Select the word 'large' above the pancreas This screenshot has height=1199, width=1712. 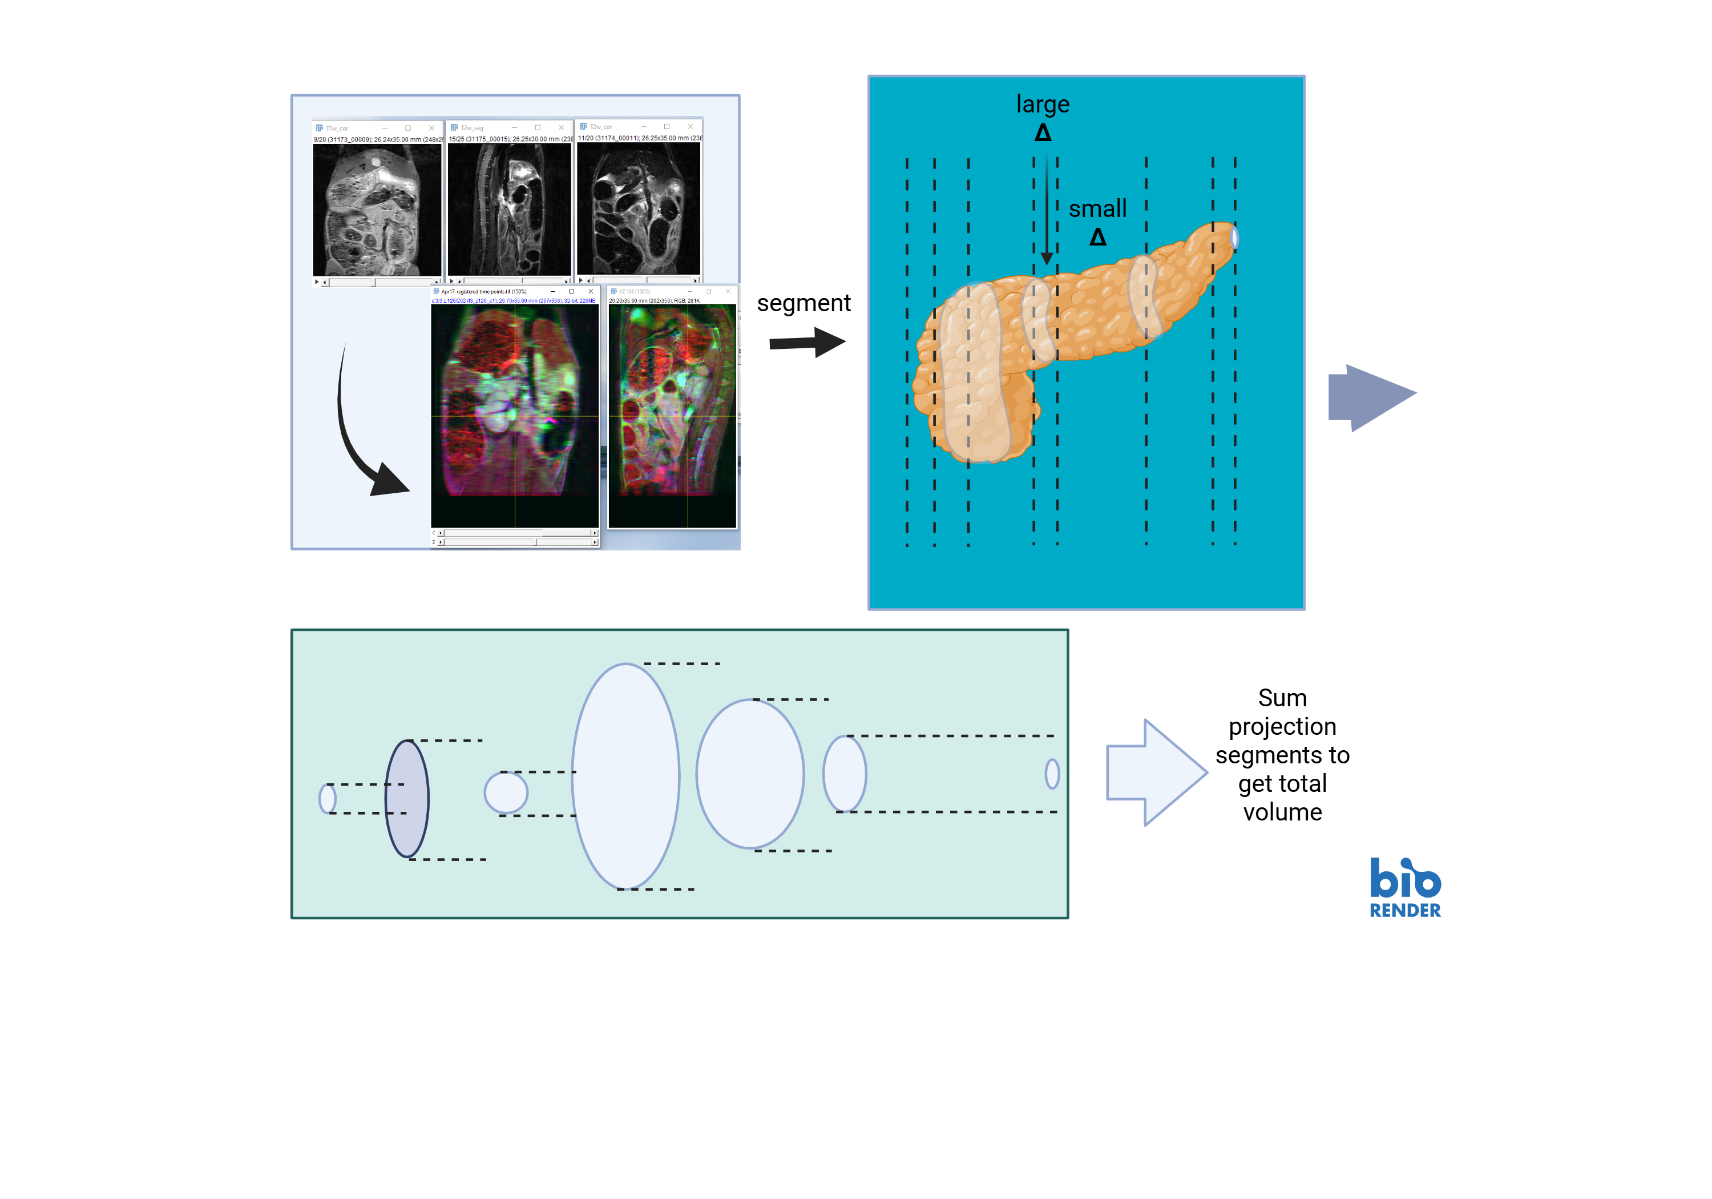(x=1043, y=104)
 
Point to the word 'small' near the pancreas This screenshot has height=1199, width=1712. (x=1097, y=209)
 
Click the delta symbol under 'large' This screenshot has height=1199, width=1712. (x=1043, y=133)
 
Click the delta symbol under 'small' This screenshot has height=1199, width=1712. (x=1097, y=238)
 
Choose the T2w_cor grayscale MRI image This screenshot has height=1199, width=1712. (x=638, y=208)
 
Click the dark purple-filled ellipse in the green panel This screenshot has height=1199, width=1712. (x=407, y=798)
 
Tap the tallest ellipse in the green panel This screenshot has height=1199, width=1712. (x=625, y=776)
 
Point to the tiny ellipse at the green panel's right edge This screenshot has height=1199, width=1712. (x=1052, y=774)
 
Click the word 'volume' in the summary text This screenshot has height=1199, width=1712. (x=1282, y=812)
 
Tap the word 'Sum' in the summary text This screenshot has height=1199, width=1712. (x=1282, y=698)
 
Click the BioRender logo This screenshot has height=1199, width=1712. (x=1405, y=888)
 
